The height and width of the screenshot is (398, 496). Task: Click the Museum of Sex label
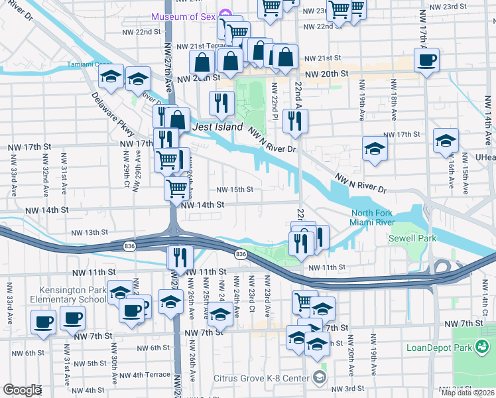coord(184,16)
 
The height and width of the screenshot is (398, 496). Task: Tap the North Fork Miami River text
coord(373,218)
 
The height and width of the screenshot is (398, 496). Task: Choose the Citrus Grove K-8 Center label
coord(261,379)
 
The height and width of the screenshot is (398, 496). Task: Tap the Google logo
coord(22,390)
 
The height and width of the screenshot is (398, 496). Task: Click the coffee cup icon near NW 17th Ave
coord(426,61)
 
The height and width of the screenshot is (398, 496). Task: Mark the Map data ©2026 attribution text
coord(467,393)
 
